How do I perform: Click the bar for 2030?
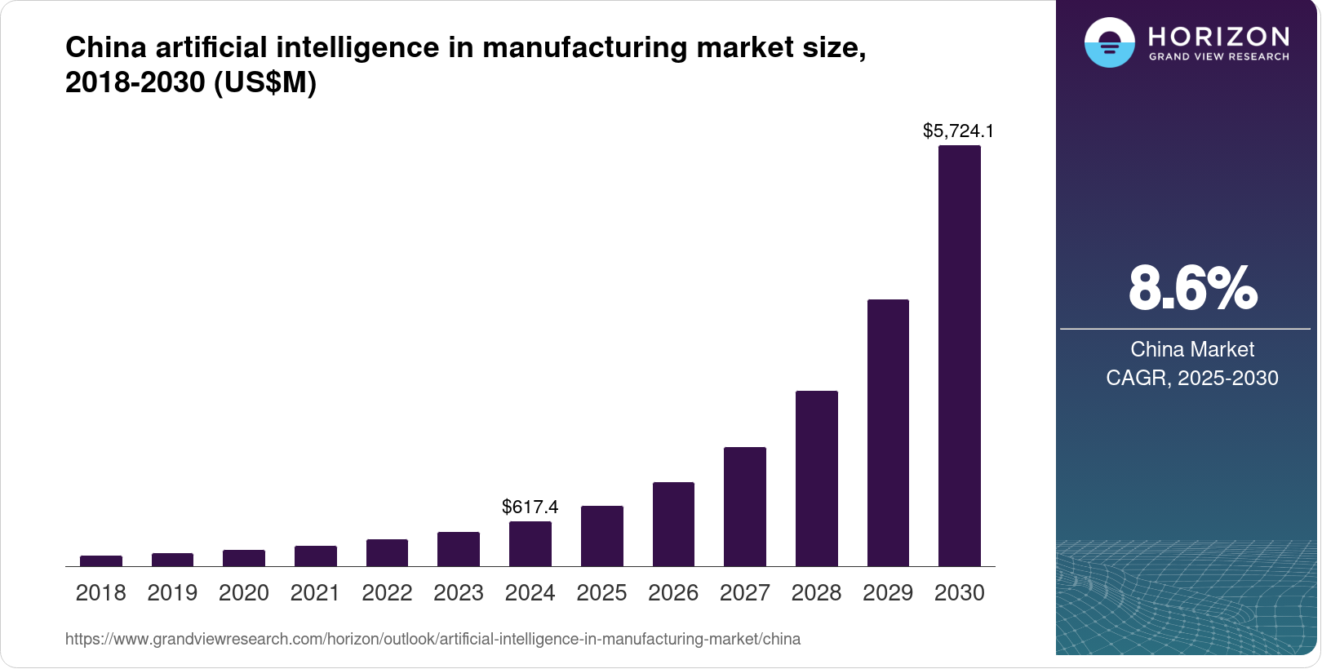point(959,356)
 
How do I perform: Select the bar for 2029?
point(888,432)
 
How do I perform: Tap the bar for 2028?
point(816,478)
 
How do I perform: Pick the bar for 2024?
point(530,543)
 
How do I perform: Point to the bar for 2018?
point(101,560)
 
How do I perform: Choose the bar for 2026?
point(673,524)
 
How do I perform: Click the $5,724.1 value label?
point(958,131)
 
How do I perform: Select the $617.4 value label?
point(530,507)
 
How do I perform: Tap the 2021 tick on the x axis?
point(315,592)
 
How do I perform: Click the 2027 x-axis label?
point(744,592)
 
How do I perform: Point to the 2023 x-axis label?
point(458,592)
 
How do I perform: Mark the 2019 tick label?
point(172,592)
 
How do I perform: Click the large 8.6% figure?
point(1192,288)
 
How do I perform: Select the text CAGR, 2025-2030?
point(1191,378)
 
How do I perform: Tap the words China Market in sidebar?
point(1191,349)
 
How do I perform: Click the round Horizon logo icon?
point(1109,42)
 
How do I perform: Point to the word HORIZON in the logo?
point(1218,36)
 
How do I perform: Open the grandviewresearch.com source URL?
point(433,639)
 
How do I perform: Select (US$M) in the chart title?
point(264,82)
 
